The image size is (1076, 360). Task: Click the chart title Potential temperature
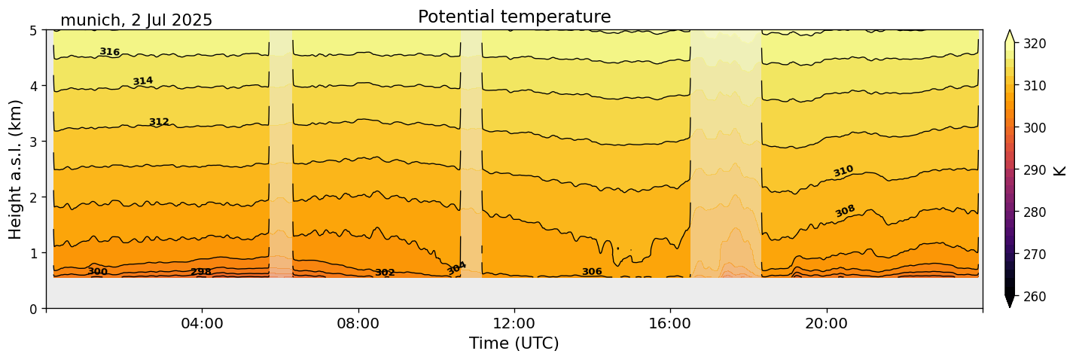click(x=514, y=17)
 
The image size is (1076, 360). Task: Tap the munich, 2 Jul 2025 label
click(x=136, y=20)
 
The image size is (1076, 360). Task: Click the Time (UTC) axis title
click(x=514, y=343)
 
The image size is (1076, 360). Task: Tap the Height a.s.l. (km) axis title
click(x=17, y=169)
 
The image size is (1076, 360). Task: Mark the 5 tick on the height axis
click(x=34, y=30)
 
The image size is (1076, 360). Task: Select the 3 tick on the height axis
click(x=34, y=142)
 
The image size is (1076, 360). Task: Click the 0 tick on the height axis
click(x=34, y=308)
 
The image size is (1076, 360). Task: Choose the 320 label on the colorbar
click(x=1033, y=44)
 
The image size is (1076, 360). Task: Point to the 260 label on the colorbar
click(x=1033, y=296)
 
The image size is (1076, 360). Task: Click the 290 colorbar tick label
click(x=1033, y=170)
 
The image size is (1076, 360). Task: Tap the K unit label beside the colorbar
click(x=1060, y=169)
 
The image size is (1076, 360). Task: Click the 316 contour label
click(x=110, y=52)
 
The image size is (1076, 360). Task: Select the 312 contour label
click(x=159, y=122)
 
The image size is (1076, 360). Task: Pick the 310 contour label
click(x=843, y=171)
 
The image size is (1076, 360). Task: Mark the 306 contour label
click(x=592, y=272)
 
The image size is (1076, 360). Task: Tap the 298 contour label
click(x=201, y=272)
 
